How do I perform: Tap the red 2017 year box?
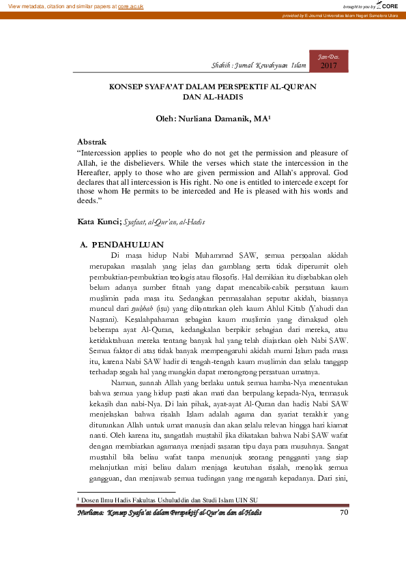[329, 65]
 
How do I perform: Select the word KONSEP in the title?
[127, 88]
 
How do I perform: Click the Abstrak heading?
[93, 142]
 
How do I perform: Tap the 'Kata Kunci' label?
[98, 222]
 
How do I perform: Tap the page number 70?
[343, 531]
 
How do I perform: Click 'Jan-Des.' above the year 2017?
[329, 55]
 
